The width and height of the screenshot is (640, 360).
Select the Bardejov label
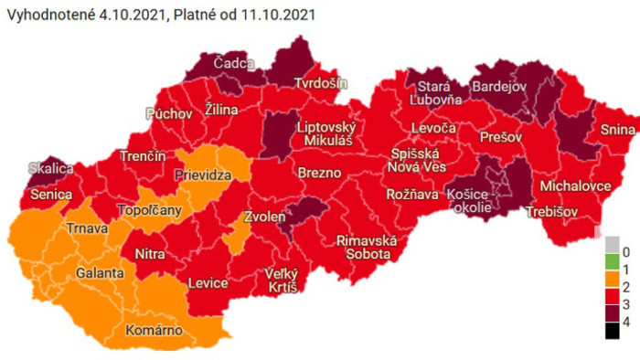pyautogui.click(x=498, y=87)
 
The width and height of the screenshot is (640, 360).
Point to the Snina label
pyautogui.click(x=618, y=129)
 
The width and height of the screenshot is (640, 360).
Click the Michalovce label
pyautogui.click(x=575, y=185)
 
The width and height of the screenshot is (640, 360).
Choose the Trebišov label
pyautogui.click(x=553, y=212)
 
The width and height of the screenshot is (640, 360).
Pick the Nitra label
pyautogui.click(x=149, y=253)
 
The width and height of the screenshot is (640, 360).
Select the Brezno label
pyautogui.click(x=319, y=173)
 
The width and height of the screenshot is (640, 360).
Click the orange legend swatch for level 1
pyautogui.click(x=613, y=269)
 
